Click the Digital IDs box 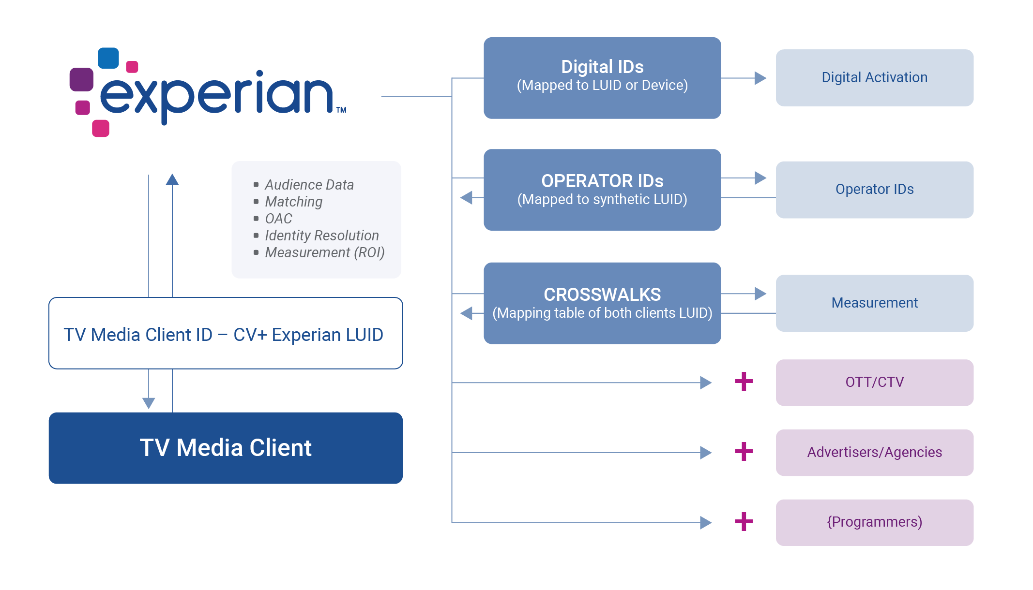(x=602, y=78)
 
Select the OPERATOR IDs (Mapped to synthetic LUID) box (x=602, y=190)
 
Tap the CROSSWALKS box (x=602, y=303)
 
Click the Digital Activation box (x=874, y=78)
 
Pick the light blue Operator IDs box (x=874, y=190)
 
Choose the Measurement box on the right (x=874, y=303)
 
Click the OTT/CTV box (x=874, y=383)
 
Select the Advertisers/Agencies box (x=874, y=453)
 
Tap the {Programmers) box (x=874, y=523)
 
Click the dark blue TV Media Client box (x=226, y=448)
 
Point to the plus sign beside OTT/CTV (x=744, y=382)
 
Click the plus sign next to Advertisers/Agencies (x=744, y=452)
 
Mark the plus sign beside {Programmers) (x=744, y=522)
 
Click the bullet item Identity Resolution (x=322, y=236)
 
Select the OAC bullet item (x=278, y=219)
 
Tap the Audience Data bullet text (x=309, y=185)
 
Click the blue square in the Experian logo (x=108, y=58)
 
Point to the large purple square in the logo (x=81, y=79)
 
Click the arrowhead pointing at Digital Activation (x=760, y=78)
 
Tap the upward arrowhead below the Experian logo (x=172, y=179)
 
